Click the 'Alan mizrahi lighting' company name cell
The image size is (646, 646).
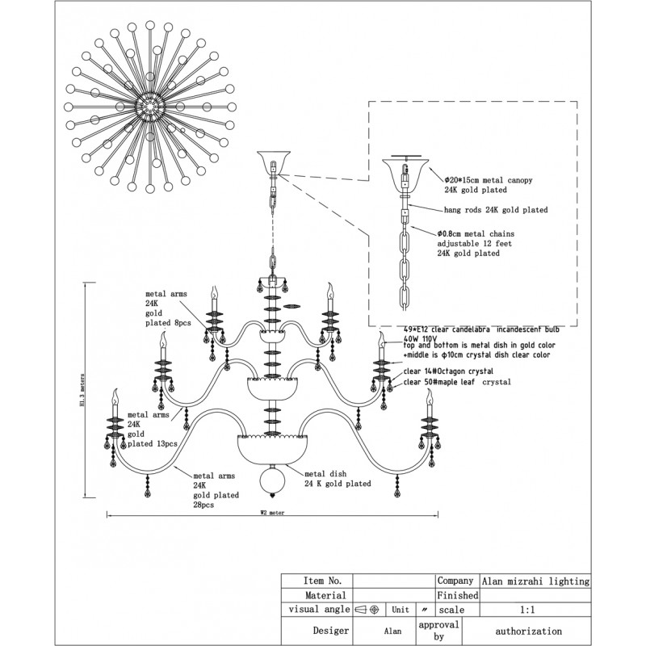[535, 581]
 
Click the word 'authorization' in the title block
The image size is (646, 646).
[529, 631]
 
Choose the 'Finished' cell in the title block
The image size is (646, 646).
[458, 595]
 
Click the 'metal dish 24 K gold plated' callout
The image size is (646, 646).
[338, 479]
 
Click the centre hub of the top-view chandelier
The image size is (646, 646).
[149, 104]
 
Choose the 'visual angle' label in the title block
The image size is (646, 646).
[316, 610]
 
